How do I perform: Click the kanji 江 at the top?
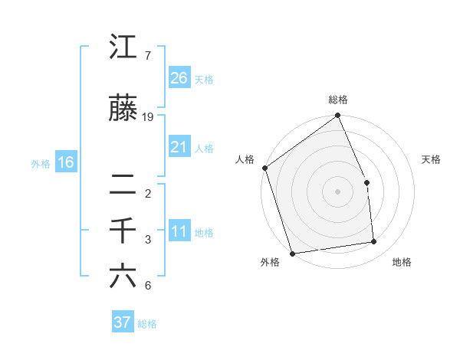[x=123, y=47]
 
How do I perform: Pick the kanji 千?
[x=123, y=231]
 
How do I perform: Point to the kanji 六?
[x=123, y=277]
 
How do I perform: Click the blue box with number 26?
[x=179, y=77]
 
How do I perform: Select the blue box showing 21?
[x=179, y=147]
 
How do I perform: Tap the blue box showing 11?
[x=179, y=232]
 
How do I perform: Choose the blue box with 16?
[x=66, y=162]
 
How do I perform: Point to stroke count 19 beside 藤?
[x=148, y=116]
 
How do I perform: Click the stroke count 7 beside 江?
[x=147, y=55]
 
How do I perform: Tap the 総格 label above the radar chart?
[x=338, y=100]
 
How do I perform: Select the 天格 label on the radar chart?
[x=432, y=159]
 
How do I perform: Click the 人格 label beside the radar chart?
[x=245, y=159]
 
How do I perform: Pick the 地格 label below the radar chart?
[x=402, y=263]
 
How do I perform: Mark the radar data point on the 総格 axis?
[x=337, y=116]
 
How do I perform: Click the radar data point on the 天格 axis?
[x=366, y=183]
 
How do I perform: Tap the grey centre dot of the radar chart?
[x=337, y=191]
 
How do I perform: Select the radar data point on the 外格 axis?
[x=291, y=252]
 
